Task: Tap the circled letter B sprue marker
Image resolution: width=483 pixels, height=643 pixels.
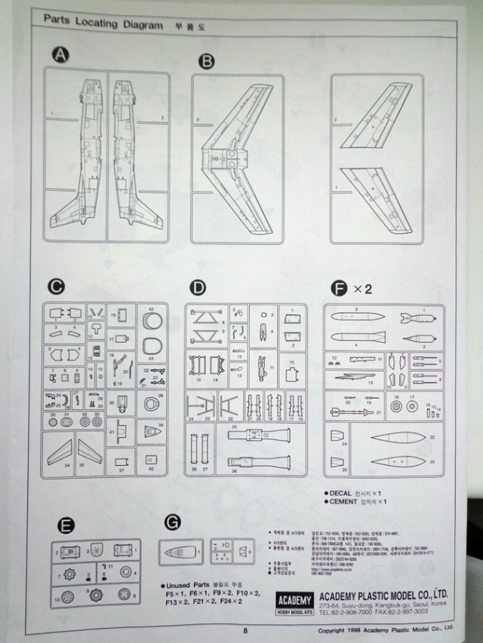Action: tap(206, 62)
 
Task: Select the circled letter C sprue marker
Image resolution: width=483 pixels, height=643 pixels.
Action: tap(54, 286)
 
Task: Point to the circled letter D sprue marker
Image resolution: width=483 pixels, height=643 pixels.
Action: tap(198, 287)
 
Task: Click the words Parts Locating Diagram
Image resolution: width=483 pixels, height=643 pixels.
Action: tap(103, 24)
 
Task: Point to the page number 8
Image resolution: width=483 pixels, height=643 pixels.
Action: tap(245, 632)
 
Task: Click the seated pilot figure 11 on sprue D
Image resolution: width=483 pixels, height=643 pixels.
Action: tap(261, 369)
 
